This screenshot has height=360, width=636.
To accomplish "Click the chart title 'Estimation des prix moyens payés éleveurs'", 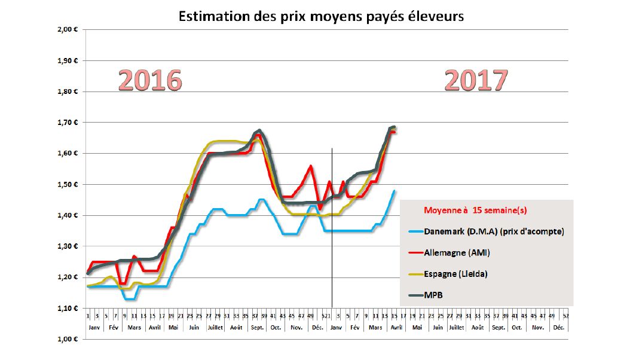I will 321,16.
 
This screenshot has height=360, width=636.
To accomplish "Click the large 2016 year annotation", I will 149,80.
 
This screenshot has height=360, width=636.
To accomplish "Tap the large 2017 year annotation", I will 476,80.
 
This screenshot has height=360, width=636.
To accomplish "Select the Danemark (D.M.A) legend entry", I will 493,231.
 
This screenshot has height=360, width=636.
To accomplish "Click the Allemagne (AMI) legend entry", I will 456,253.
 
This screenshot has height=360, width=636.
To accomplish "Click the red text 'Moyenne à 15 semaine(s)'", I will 475,210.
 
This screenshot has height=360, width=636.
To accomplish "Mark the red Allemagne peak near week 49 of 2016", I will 310,166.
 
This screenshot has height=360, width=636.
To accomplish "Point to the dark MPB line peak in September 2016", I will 259,130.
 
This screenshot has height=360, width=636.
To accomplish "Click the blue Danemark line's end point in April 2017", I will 395,191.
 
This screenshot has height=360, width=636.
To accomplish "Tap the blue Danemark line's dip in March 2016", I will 130,298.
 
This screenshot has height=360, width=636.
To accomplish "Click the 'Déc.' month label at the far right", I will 558,328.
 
